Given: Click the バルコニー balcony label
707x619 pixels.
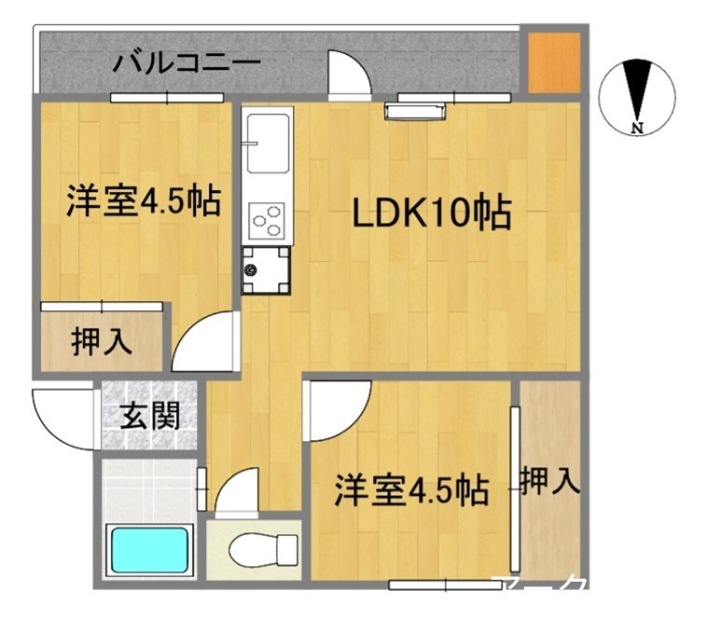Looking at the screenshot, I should point(187,64).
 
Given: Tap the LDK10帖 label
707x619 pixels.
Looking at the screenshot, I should point(431,213).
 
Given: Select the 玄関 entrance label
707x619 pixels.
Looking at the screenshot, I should point(150,416).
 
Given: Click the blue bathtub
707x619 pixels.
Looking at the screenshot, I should point(149,550).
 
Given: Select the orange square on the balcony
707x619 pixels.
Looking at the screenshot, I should point(554,63).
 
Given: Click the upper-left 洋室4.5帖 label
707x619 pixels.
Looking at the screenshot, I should point(143,199).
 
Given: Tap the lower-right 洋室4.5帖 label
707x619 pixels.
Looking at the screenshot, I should point(411,489).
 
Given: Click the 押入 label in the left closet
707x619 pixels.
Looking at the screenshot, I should point(102,342).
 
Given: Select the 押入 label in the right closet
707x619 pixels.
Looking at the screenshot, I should point(549,481).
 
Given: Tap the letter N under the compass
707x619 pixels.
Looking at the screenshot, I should point(638,128).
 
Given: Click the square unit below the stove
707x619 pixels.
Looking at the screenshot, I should point(266,270).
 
